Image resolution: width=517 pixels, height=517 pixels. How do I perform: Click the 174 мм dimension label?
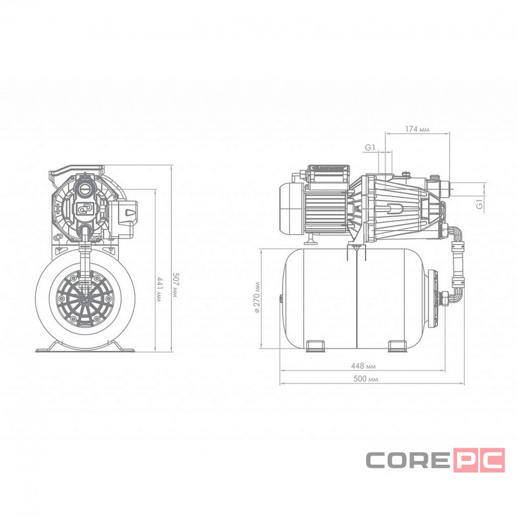417,129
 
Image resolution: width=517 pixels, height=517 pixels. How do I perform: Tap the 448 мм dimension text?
363,366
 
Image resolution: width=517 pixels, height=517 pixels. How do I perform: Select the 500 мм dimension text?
366,379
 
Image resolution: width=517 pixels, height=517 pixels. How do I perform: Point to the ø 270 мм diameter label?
257,298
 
